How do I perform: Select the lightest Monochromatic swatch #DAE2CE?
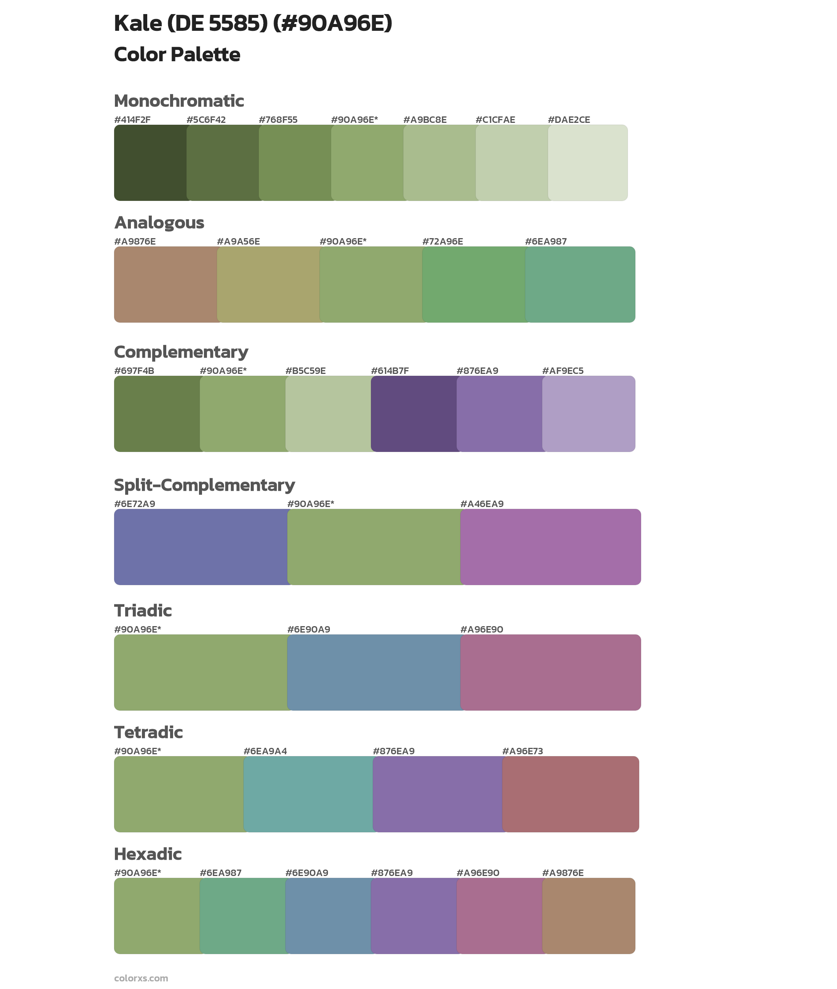(x=587, y=163)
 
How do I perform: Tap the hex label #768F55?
(x=278, y=120)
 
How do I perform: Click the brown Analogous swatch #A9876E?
(x=165, y=285)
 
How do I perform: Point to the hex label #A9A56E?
(x=238, y=242)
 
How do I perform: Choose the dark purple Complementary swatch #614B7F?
(x=413, y=413)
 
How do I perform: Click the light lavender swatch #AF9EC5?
(x=588, y=413)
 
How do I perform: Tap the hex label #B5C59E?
(x=305, y=371)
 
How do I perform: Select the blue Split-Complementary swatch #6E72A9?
(x=201, y=547)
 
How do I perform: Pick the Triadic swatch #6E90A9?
(x=374, y=673)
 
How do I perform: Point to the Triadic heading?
(x=143, y=611)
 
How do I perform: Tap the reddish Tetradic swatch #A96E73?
(x=570, y=794)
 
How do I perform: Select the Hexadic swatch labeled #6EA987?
(x=242, y=916)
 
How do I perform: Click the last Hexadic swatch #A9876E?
(x=588, y=916)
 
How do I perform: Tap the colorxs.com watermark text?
(x=141, y=978)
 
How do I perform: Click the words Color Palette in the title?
(x=177, y=54)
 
